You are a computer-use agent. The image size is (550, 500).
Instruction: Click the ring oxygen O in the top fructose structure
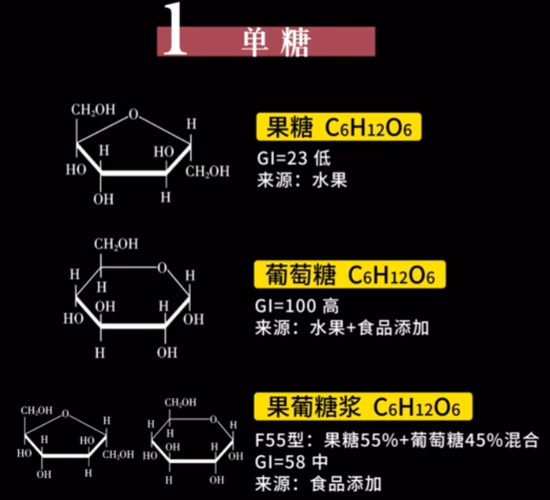(x=133, y=114)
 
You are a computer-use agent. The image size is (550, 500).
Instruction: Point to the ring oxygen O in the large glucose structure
(x=164, y=266)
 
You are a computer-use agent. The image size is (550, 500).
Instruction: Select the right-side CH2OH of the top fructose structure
(x=206, y=172)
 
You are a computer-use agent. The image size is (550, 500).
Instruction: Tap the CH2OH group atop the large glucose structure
(x=115, y=244)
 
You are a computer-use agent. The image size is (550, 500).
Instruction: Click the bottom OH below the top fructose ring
(x=103, y=199)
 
